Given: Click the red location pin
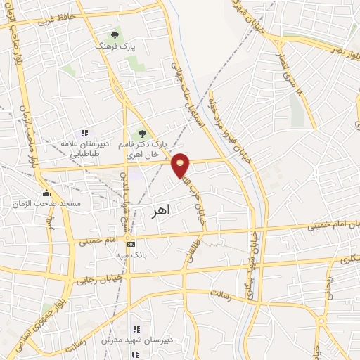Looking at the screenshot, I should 181,165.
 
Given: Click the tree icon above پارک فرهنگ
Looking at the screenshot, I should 115,34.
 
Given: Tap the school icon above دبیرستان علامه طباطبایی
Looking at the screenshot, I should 85,133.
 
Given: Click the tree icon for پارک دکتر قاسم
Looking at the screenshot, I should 142,134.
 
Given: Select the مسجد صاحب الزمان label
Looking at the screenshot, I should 46,203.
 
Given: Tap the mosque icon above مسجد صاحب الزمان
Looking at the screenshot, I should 46,193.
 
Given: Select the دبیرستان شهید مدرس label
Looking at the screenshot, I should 136,341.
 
